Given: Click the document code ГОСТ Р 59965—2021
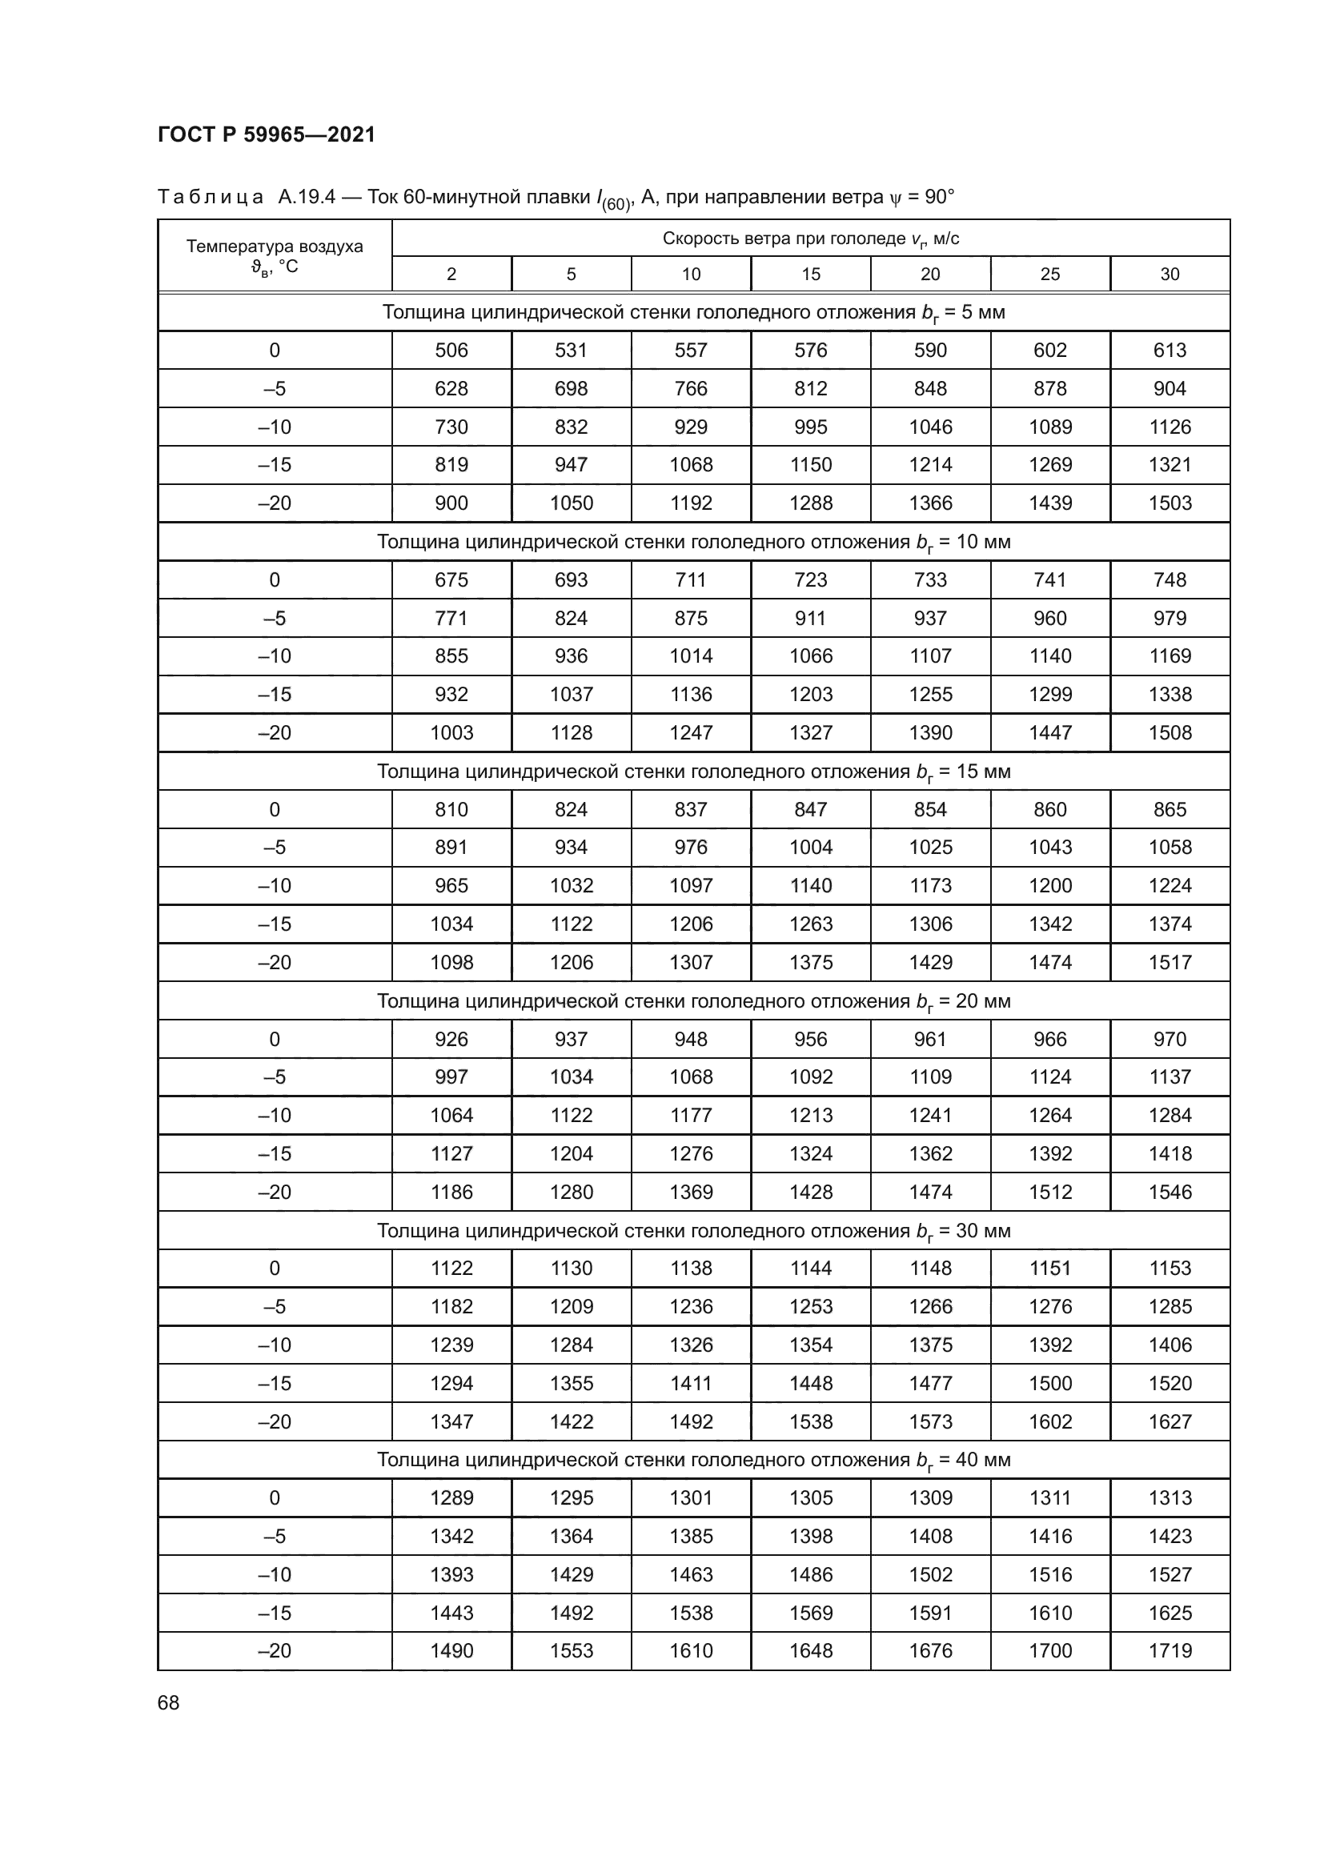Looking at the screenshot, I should pyautogui.click(x=267, y=134).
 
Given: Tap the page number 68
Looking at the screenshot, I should pyautogui.click(x=169, y=1702).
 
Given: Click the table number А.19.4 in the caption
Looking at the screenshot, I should pyautogui.click(x=307, y=198).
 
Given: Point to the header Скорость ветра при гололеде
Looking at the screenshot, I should pyautogui.click(x=810, y=238).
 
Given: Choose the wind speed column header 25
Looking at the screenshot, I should pyautogui.click(x=1050, y=274).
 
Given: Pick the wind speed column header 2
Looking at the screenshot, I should pyautogui.click(x=451, y=274).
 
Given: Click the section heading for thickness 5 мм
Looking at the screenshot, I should pyautogui.click(x=694, y=312).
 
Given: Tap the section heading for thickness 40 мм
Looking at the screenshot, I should pyautogui.click(x=694, y=1461).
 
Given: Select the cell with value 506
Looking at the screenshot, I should pyautogui.click(x=451, y=351).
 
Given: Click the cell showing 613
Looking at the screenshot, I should pyautogui.click(x=1170, y=351).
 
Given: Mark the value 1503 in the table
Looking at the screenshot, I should pyautogui.click(x=1170, y=503).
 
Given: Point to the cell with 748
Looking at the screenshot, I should pyautogui.click(x=1170, y=579).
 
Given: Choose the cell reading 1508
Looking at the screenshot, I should pyautogui.click(x=1170, y=733).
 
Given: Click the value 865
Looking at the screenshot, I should pyautogui.click(x=1170, y=810).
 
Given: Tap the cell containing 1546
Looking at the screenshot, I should pyautogui.click(x=1170, y=1192).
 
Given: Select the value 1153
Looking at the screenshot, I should pyautogui.click(x=1170, y=1269).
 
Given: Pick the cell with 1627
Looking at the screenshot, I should pyautogui.click(x=1170, y=1422).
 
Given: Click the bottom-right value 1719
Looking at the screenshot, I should pyautogui.click(x=1170, y=1651).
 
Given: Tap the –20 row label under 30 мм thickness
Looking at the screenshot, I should pyautogui.click(x=275, y=1422).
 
